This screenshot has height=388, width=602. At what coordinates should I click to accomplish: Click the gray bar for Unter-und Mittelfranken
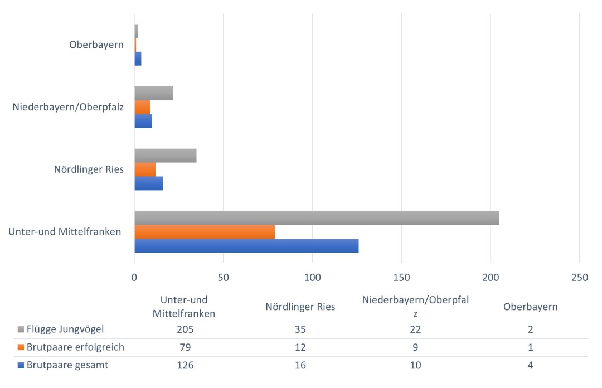317,218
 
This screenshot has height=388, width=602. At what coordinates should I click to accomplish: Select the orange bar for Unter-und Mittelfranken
205,232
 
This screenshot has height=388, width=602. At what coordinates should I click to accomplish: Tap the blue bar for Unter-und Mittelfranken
246,246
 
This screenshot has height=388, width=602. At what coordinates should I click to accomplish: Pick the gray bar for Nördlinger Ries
166,156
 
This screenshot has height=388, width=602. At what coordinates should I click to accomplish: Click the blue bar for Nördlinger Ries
148,183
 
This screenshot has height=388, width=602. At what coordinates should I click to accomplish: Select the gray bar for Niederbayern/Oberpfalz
154,93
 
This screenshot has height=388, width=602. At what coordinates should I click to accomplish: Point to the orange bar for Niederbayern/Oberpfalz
142,107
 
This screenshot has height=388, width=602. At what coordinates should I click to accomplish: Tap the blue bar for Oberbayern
138,59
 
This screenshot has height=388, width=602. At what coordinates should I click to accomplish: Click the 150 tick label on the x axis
401,277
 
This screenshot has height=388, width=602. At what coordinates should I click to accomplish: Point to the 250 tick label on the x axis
580,277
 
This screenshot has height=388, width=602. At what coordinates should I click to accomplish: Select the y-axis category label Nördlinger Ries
89,169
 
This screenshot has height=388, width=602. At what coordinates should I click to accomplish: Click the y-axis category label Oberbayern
96,45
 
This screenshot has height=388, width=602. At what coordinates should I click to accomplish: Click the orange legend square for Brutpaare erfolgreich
21,347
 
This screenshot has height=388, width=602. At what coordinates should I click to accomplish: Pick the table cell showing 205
184,329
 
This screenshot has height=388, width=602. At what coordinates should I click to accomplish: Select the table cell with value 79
184,347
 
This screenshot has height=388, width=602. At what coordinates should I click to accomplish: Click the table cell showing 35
300,329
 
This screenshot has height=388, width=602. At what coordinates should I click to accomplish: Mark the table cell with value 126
184,366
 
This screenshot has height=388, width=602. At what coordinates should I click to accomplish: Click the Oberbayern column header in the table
530,307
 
